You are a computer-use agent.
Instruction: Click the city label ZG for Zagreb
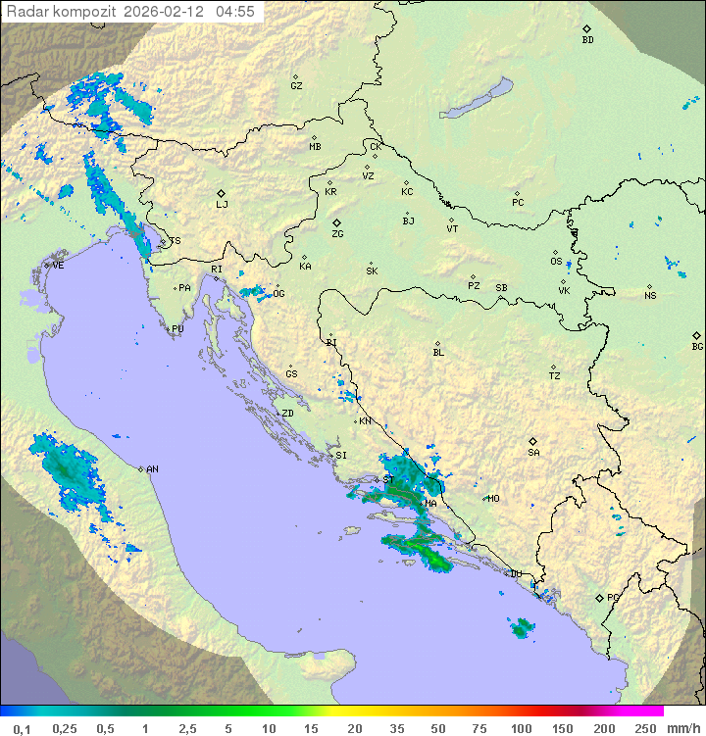337,234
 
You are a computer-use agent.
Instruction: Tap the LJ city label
222,204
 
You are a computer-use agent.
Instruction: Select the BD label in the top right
587,40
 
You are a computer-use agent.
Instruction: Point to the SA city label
533,453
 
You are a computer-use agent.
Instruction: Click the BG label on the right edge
697,346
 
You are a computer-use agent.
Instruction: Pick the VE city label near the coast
58,266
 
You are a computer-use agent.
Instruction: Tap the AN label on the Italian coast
152,469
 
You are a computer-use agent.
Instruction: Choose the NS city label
650,296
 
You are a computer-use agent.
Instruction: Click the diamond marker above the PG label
599,597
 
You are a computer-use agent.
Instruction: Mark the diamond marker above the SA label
533,441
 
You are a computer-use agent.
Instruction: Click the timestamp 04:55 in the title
235,12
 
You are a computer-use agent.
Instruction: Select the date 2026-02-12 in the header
164,12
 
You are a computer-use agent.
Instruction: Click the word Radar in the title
25,12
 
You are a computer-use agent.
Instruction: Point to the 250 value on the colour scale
644,728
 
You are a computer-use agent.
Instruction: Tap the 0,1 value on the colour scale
22,728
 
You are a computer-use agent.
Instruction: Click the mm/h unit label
682,728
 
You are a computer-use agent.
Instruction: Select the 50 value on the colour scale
438,728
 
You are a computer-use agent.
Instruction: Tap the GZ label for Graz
296,85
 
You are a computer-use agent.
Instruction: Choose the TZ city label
555,375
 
